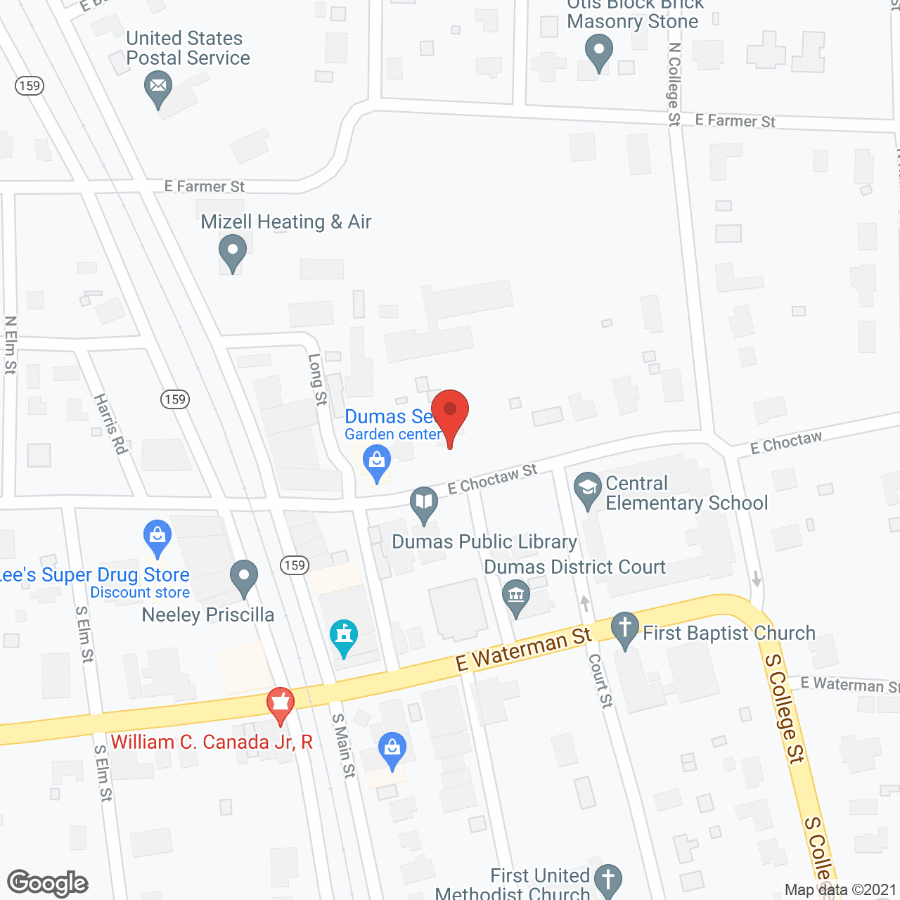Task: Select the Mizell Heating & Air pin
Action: tap(232, 252)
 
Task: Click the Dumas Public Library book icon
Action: tap(424, 503)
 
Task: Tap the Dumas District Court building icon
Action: tap(516, 596)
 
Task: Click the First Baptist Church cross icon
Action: tap(624, 627)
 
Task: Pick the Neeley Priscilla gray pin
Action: tap(244, 576)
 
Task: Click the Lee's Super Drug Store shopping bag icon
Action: tap(157, 537)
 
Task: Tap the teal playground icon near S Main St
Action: tap(344, 636)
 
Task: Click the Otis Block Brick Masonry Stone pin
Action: tap(598, 52)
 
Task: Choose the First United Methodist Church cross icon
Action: tap(608, 879)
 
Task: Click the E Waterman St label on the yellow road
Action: tap(523, 649)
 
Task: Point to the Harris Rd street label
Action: tap(110, 424)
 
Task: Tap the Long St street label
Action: tap(318, 379)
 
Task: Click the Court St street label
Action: tap(600, 680)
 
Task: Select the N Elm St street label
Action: tap(11, 345)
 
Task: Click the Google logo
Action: tap(48, 883)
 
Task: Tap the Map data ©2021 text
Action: tap(840, 890)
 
